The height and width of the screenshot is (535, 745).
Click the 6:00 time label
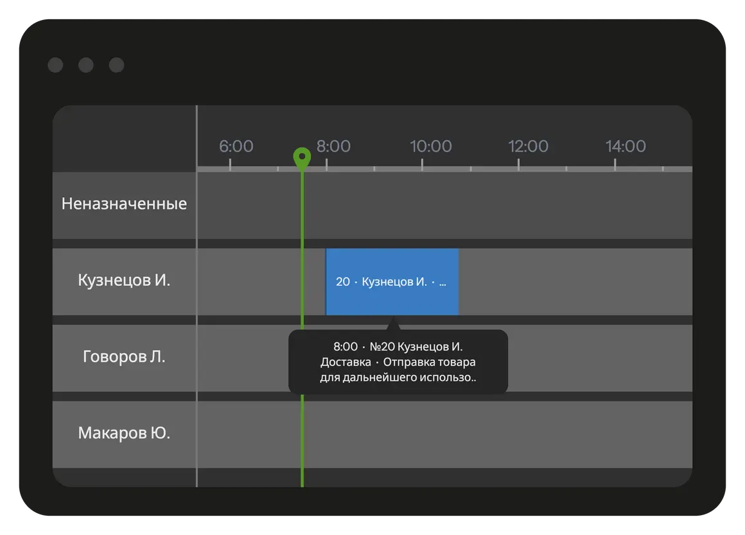pos(236,146)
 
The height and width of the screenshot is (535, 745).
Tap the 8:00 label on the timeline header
pos(333,146)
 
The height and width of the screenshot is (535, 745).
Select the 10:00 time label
pos(430,146)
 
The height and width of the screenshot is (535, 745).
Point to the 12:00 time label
pos(528,146)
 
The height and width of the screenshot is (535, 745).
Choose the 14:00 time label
pos(626,146)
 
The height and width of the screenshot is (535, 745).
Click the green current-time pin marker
pos(302,157)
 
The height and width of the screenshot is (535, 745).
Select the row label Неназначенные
pos(124,204)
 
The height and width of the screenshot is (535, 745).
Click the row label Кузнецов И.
pos(124,281)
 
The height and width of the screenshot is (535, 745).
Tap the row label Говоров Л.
pos(124,357)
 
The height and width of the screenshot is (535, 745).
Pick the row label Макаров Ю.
pos(124,434)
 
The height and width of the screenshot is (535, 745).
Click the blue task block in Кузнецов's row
pos(392,295)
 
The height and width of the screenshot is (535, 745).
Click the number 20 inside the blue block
pos(342,282)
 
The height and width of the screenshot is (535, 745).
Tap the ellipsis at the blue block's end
pos(443,282)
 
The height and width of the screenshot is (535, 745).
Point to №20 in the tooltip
pos(383,347)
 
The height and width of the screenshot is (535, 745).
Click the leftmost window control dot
pos(55,65)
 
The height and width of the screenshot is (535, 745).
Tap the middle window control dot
pos(85,65)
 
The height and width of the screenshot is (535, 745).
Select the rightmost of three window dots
pos(116,65)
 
